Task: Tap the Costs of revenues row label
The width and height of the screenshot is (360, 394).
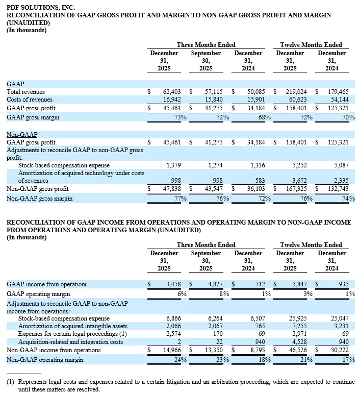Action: tap(29, 100)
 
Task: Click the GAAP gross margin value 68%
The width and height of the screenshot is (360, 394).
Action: tap(263, 117)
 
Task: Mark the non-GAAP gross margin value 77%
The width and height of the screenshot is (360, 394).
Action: tap(178, 198)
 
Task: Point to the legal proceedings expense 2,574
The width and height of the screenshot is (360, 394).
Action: tap(174, 333)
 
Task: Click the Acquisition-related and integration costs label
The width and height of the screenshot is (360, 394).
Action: tap(70, 341)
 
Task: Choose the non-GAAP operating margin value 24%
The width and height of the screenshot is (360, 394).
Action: tap(178, 359)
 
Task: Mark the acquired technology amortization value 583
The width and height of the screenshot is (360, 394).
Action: tap(260, 181)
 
